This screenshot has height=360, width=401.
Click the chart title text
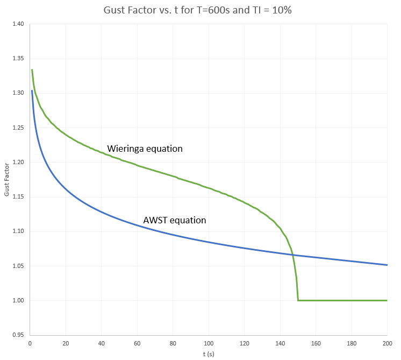click(200, 10)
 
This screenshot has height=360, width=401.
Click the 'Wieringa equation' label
click(145, 149)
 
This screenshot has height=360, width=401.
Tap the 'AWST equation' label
click(175, 220)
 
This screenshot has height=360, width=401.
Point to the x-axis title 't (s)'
click(209, 354)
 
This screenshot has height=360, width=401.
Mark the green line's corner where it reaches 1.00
click(298, 300)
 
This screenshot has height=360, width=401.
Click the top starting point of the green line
click(32, 69)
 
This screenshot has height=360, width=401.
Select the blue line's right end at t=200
click(387, 265)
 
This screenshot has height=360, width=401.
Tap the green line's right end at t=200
click(387, 300)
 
